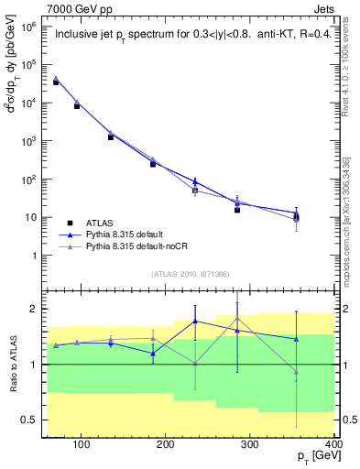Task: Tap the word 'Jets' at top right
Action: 323,8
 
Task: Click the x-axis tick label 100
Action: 82,445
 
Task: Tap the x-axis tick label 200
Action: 166,445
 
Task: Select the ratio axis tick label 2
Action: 35,309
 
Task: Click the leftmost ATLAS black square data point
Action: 56,82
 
